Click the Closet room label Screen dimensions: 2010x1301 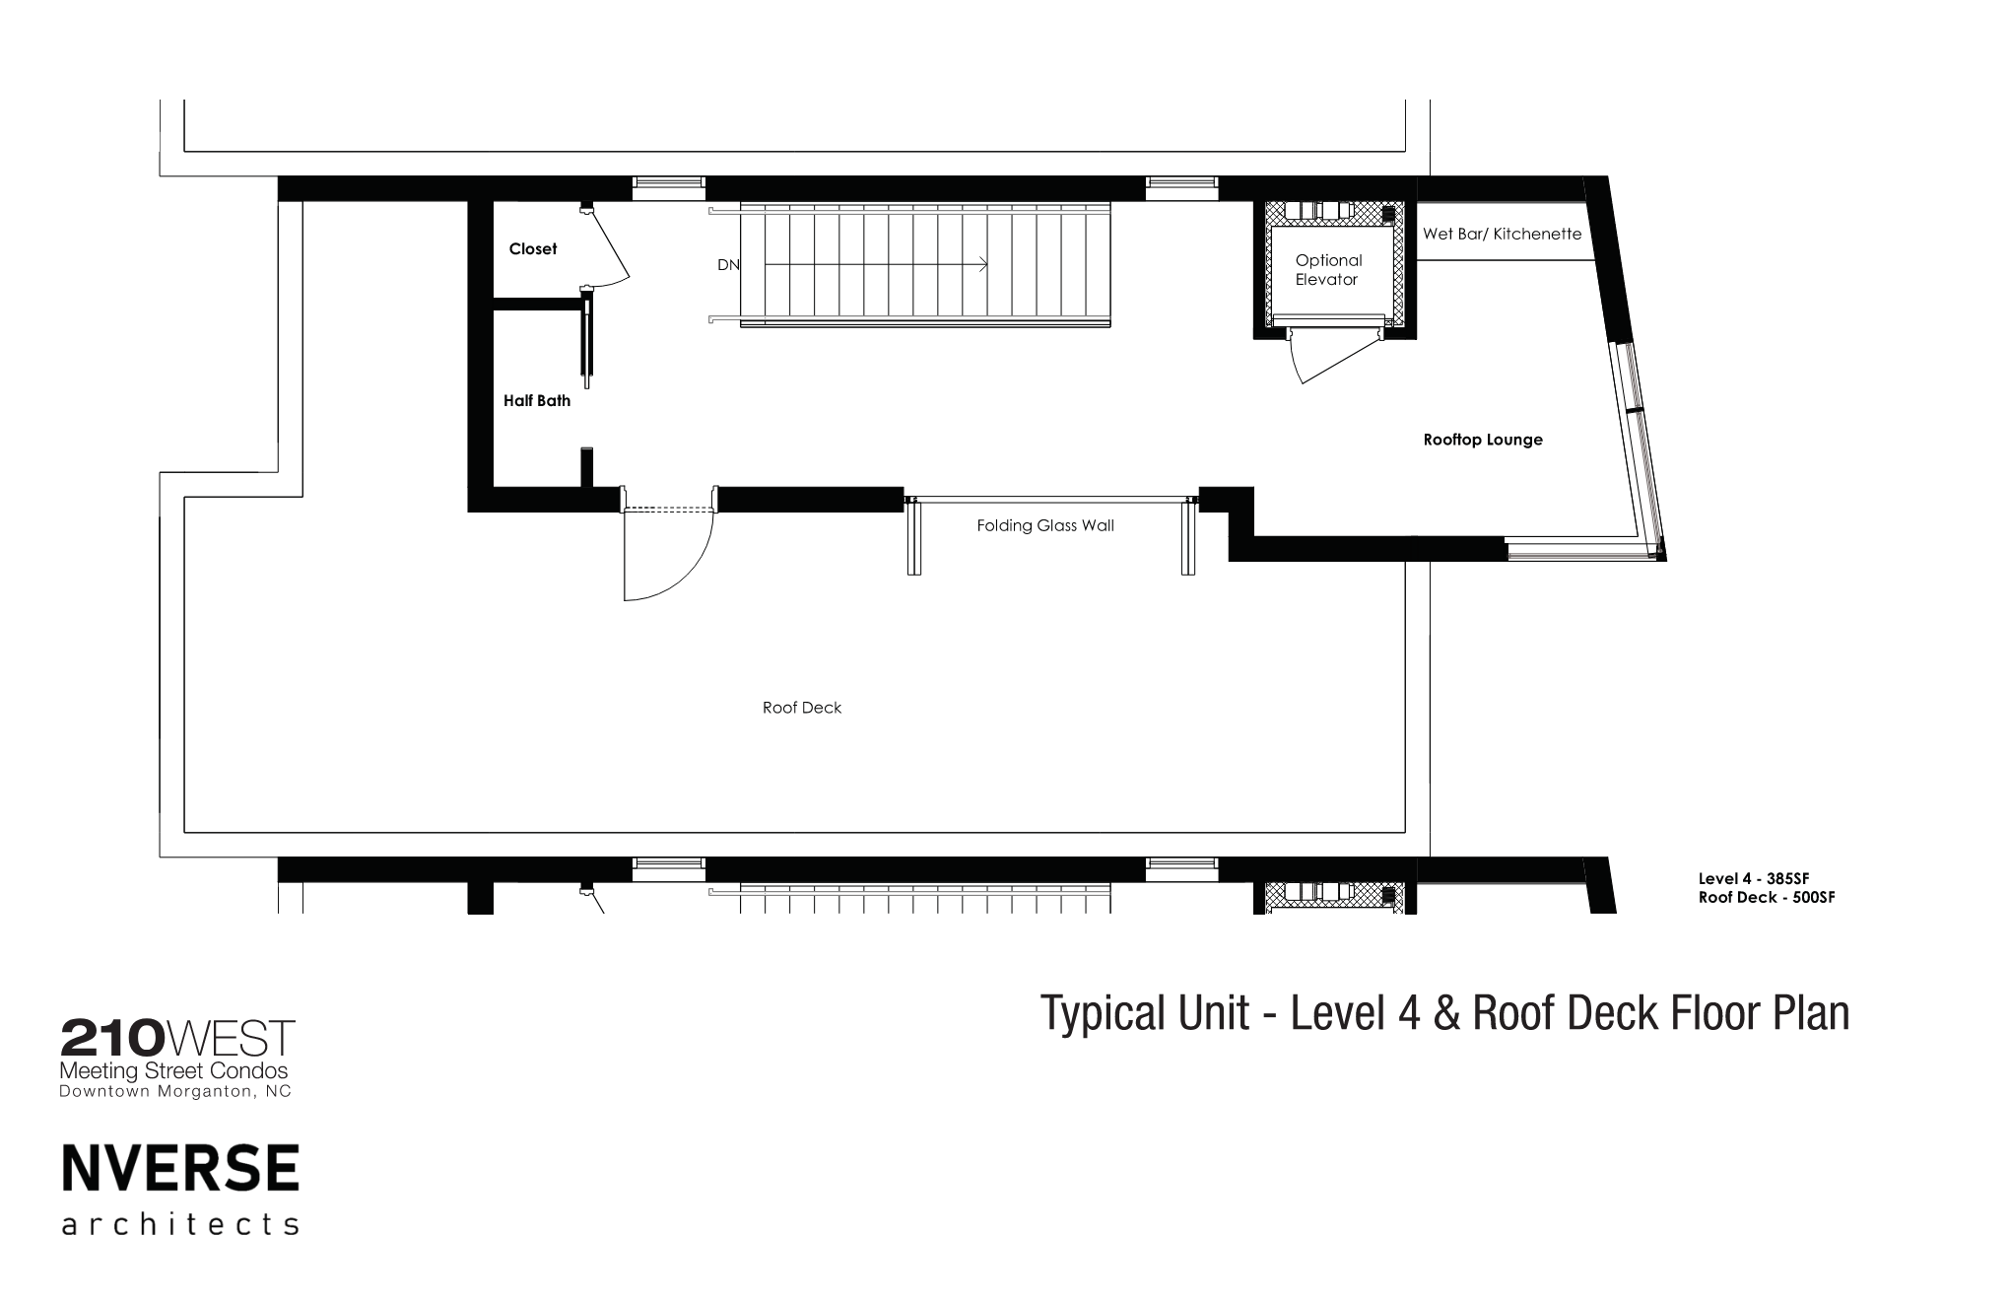click(532, 249)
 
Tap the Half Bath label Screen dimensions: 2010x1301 click(536, 401)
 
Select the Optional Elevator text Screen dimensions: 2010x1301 click(1328, 270)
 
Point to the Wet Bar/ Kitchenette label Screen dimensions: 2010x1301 click(1502, 235)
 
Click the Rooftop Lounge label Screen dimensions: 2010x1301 click(1483, 441)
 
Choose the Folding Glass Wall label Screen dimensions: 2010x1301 click(1045, 526)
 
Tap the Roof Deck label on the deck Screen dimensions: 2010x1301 click(802, 708)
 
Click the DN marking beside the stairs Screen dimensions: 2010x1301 click(728, 265)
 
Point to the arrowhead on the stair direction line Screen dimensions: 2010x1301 click(983, 264)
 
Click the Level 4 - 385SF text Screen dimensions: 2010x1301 click(1754, 879)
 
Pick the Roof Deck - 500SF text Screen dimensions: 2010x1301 click(1767, 898)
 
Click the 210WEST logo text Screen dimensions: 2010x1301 click(177, 1038)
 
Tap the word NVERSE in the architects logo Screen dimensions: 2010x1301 click(180, 1169)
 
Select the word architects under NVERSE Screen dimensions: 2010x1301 click(180, 1224)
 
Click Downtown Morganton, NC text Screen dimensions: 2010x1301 click(175, 1092)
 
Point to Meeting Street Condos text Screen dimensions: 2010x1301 click(174, 1071)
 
